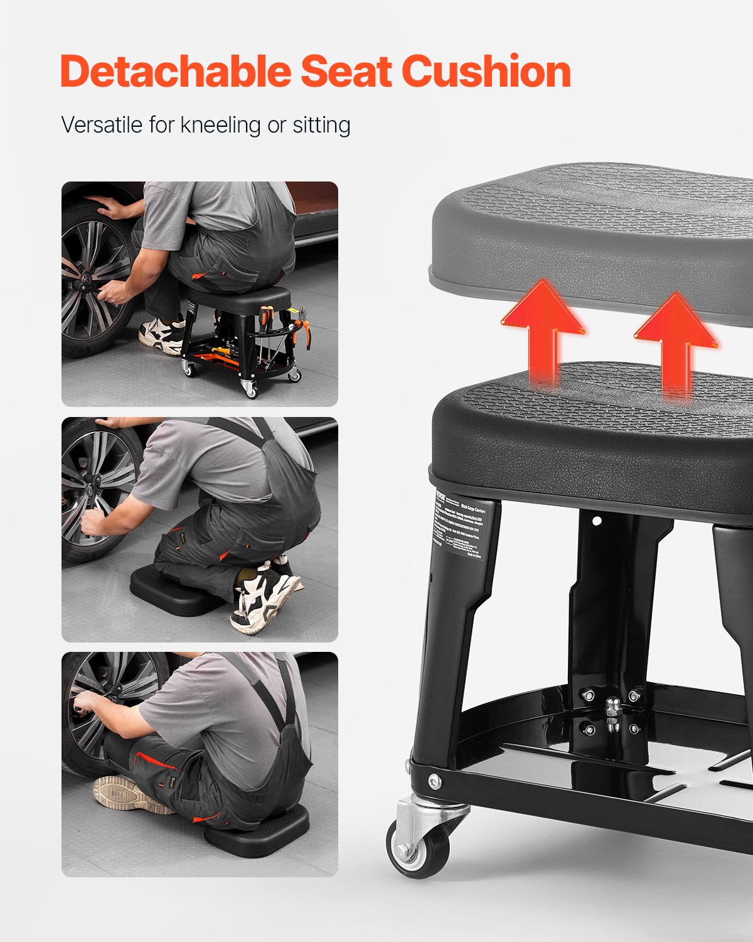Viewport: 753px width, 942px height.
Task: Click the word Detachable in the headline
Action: [x=176, y=72]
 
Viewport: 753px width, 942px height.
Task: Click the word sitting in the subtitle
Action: [x=321, y=124]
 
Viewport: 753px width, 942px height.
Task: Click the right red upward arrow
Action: [x=675, y=342]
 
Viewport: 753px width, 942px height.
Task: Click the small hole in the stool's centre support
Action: [x=597, y=521]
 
